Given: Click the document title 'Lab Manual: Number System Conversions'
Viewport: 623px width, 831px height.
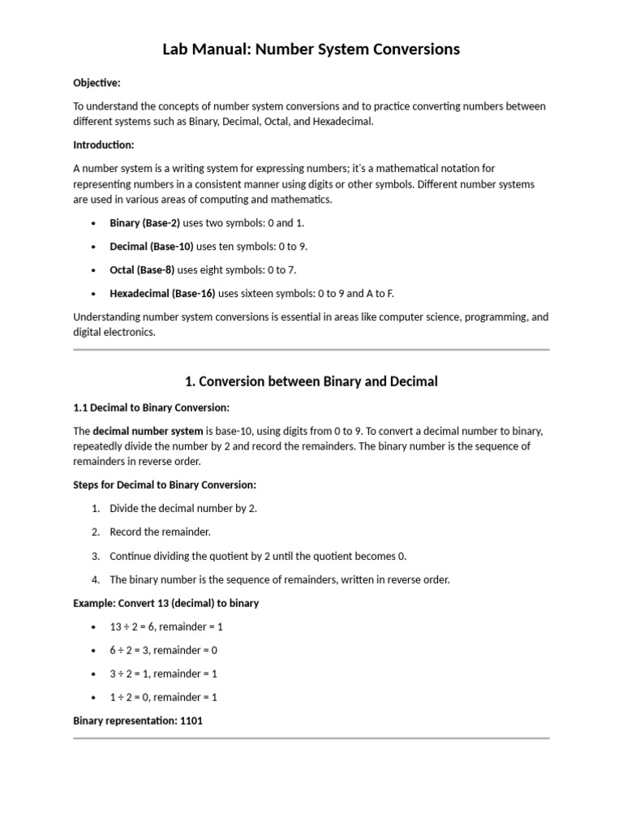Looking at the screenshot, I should pos(311,50).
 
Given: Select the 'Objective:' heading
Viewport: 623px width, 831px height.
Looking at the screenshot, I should pos(97,83).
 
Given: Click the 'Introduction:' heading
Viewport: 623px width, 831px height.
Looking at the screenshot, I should pos(103,144).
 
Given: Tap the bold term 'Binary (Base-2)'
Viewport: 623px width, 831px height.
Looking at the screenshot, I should pos(144,222).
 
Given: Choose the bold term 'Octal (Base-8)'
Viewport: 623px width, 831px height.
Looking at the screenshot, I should pos(142,269).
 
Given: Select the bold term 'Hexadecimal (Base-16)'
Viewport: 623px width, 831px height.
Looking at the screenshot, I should pos(163,294).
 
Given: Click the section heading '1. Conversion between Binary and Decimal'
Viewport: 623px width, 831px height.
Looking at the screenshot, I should pos(311,381).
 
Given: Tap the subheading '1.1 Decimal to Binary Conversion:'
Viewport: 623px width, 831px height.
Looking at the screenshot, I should pos(151,407).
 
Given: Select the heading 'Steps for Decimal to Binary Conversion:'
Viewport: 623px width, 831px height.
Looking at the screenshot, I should pos(165,485).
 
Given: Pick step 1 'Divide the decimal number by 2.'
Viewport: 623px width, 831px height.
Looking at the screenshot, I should pos(183,508).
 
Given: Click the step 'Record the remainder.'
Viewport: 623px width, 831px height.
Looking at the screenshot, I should pos(160,532).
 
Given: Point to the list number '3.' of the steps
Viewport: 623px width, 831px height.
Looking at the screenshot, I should pos(95,556).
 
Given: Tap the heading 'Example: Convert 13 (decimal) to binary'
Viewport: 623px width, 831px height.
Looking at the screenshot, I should pos(166,604).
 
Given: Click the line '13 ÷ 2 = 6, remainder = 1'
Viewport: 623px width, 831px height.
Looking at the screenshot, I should pos(166,626).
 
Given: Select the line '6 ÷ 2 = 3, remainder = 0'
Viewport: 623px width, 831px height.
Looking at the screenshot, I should pos(163,650).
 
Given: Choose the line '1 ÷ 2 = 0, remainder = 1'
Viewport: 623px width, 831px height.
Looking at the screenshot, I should pos(163,697).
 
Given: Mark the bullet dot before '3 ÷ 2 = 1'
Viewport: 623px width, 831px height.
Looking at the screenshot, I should pos(95,674).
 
